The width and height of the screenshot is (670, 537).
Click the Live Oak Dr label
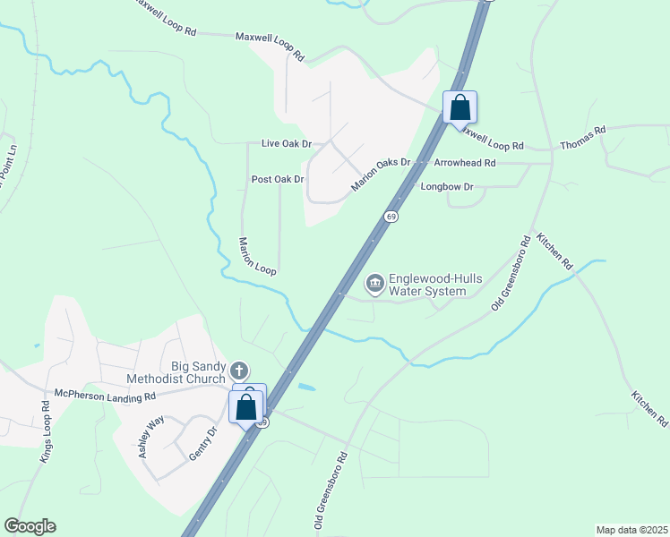tap(286, 143)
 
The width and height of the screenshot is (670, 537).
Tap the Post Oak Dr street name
tap(278, 179)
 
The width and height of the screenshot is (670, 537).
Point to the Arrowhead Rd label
tap(464, 163)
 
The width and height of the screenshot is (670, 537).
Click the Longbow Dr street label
tap(447, 186)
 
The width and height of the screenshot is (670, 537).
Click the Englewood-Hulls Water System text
tap(426, 285)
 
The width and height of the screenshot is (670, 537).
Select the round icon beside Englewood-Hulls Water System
tap(375, 285)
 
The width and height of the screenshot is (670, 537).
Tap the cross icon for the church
tap(239, 370)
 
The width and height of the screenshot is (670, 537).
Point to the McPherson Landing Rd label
tap(105, 395)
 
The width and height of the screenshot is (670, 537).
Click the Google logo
tap(30, 526)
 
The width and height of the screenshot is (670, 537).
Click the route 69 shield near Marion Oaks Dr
tap(391, 217)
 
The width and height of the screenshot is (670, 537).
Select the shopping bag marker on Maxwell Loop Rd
tap(460, 107)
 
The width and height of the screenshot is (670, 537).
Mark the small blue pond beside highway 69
tap(307, 387)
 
